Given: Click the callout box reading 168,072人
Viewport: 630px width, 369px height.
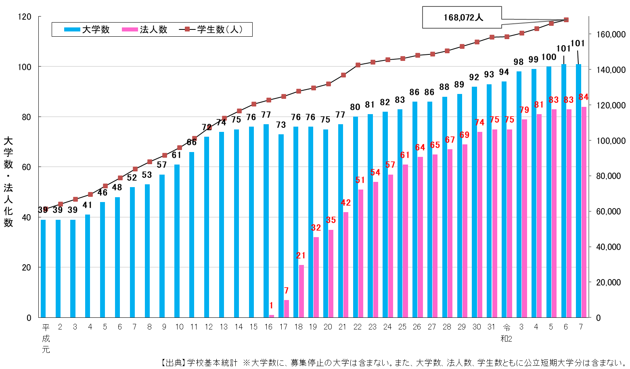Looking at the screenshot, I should click(462, 17).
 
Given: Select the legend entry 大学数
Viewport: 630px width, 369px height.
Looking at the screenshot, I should click(87, 29).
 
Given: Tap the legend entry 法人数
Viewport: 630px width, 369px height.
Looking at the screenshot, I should click(145, 29).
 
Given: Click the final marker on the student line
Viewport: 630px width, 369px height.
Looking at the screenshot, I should click(566, 20).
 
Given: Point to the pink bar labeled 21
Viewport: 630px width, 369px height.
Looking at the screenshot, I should click(301, 291).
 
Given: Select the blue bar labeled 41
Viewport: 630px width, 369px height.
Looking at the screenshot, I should click(88, 266).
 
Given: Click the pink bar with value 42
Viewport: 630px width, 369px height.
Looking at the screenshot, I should click(346, 265).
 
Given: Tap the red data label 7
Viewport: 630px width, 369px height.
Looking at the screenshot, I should click(287, 291).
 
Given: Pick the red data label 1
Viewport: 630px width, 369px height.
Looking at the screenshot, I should click(271, 306).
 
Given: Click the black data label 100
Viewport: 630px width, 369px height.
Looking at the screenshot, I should click(549, 57).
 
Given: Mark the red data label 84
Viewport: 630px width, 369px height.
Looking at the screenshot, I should click(584, 97).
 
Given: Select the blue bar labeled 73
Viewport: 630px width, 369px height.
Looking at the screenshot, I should click(281, 226).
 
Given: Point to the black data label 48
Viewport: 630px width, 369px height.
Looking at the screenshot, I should click(117, 188).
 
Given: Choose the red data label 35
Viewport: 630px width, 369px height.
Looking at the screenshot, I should click(331, 220).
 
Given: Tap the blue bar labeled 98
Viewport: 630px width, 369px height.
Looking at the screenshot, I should click(519, 194).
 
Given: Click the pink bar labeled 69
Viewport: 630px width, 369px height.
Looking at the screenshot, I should click(465, 231).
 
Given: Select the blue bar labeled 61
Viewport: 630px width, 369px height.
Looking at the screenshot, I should click(177, 241).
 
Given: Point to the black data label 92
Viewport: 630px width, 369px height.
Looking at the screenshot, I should click(474, 77).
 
